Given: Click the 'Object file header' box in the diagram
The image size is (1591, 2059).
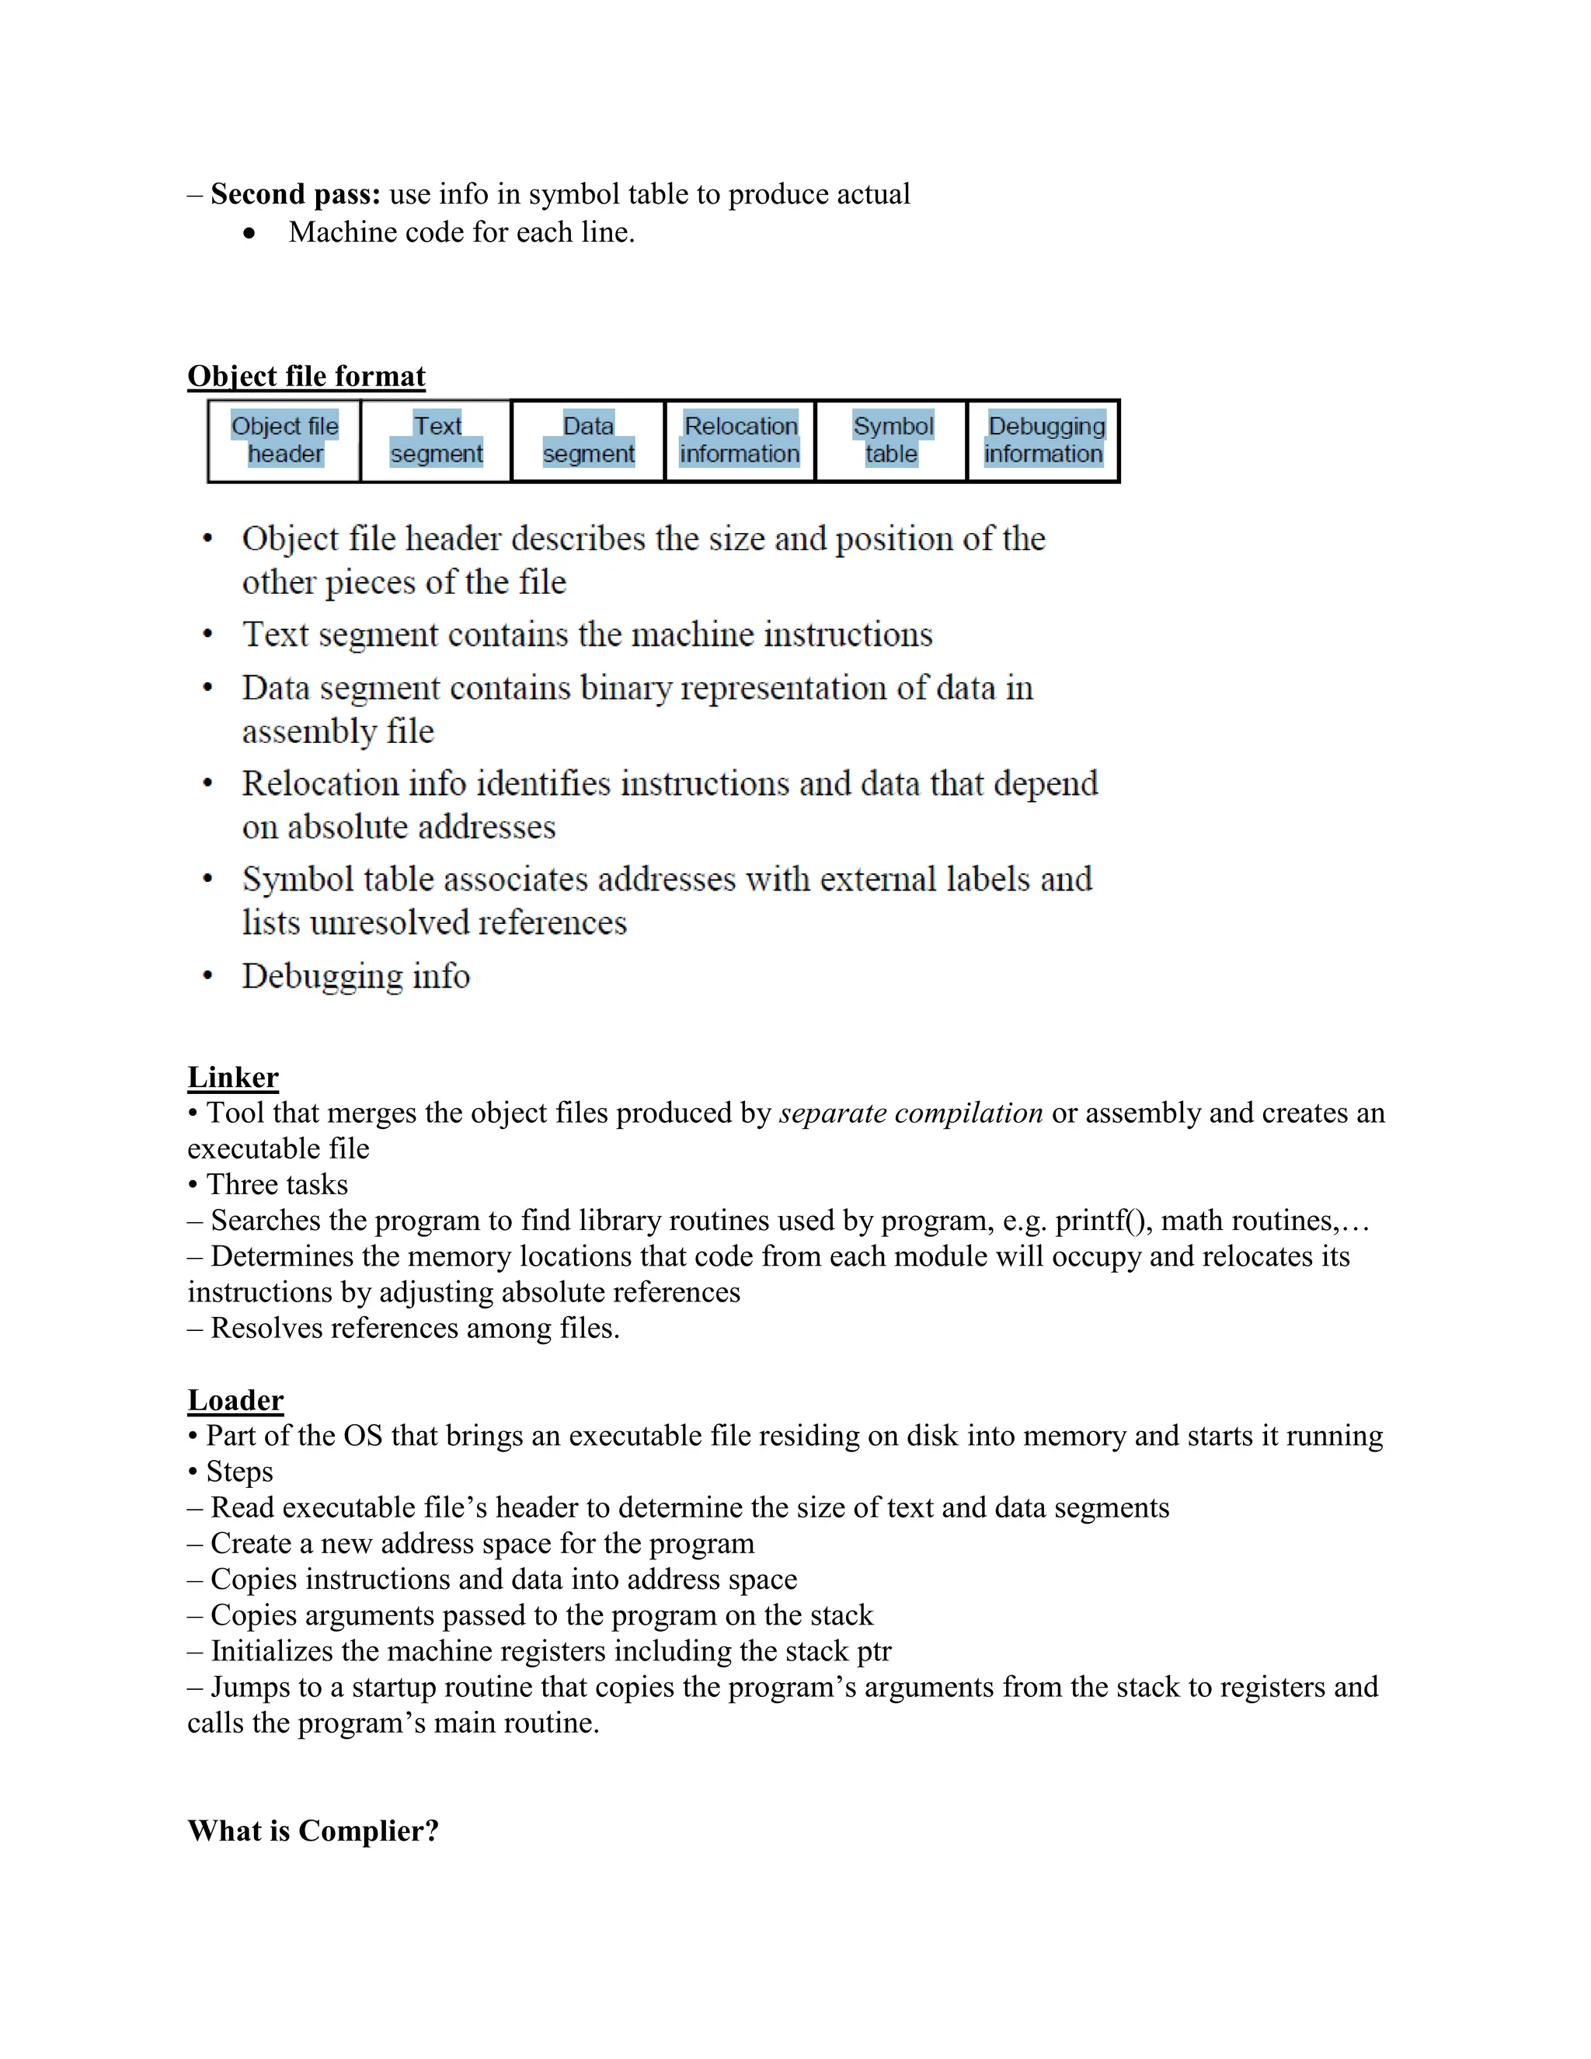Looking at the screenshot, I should click(x=284, y=441).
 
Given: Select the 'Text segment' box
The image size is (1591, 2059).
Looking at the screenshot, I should click(x=437, y=441).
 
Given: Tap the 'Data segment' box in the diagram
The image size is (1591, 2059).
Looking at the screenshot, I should click(x=588, y=441).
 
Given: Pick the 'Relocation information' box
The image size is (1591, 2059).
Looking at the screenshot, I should click(x=740, y=441).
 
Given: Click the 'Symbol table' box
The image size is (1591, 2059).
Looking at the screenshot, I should click(x=892, y=441).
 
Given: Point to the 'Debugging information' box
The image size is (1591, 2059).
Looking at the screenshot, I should click(x=1043, y=441).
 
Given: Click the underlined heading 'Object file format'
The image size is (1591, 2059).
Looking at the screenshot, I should click(x=306, y=376).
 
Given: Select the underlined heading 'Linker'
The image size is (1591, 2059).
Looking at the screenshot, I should click(x=233, y=1077).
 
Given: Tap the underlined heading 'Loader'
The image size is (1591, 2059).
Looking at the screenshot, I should click(x=235, y=1400).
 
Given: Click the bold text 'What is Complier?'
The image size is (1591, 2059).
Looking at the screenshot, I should click(x=313, y=1830).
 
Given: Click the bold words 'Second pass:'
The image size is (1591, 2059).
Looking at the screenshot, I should click(x=295, y=194).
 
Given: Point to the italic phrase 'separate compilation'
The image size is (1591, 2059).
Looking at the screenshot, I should click(x=910, y=1113).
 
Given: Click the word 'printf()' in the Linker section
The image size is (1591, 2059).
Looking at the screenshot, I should click(x=1104, y=1220).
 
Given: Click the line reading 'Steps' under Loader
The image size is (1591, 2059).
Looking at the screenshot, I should click(x=238, y=1472).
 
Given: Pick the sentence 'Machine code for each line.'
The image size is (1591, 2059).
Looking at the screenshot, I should click(x=462, y=232).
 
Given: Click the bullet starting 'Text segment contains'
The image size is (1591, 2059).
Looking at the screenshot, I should click(x=587, y=635).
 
